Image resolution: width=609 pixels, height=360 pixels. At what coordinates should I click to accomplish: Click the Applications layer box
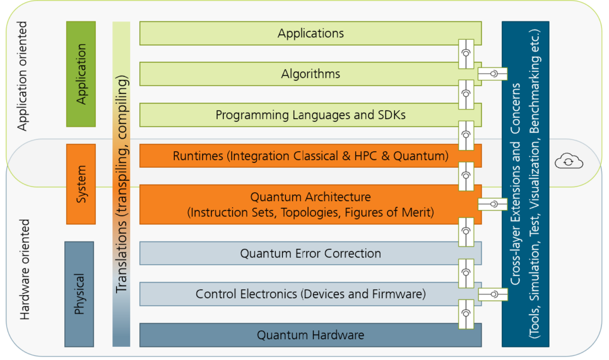pyautogui.click(x=310, y=33)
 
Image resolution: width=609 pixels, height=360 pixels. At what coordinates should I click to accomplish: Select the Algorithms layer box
pyautogui.click(x=310, y=74)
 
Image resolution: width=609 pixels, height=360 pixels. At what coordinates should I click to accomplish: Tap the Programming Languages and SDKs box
pyautogui.click(x=310, y=115)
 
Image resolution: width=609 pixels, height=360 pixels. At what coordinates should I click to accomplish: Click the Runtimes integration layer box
pyautogui.click(x=310, y=156)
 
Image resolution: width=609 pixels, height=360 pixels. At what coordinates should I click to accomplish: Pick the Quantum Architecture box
pyautogui.click(x=310, y=204)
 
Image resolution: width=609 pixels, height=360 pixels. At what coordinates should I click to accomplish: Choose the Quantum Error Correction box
pyautogui.click(x=310, y=253)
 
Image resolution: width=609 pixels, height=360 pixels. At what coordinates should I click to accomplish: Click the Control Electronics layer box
pyautogui.click(x=310, y=294)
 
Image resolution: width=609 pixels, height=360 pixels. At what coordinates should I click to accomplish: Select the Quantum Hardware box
pyautogui.click(x=310, y=335)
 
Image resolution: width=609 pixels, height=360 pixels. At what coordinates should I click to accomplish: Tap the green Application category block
pyautogui.click(x=81, y=74)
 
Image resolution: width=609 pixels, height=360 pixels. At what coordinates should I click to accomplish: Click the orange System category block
pyautogui.click(x=81, y=184)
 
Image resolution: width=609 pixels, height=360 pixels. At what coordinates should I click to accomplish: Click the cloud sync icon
pyautogui.click(x=567, y=161)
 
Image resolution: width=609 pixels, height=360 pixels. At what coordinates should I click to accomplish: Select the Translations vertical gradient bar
pyautogui.click(x=121, y=184)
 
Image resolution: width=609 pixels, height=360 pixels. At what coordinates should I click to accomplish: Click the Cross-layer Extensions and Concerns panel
pyautogui.click(x=525, y=184)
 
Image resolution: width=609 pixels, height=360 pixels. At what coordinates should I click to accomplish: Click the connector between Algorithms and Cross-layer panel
pyautogui.click(x=492, y=74)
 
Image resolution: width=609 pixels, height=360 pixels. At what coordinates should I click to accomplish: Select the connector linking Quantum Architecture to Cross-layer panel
pyautogui.click(x=492, y=204)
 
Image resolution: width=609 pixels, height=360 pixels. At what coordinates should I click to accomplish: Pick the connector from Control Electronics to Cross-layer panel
pyautogui.click(x=492, y=294)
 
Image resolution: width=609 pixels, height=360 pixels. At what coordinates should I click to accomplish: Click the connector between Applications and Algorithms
pyautogui.click(x=466, y=54)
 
